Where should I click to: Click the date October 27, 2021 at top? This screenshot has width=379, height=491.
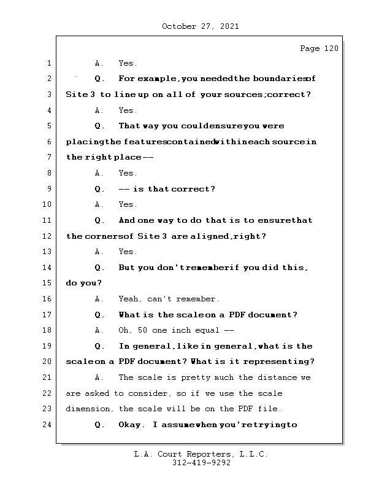(x=200, y=26)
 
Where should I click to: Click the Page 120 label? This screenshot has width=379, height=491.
(x=318, y=48)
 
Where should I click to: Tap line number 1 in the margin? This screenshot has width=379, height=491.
(x=48, y=63)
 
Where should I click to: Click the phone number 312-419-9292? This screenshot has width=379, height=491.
(x=201, y=463)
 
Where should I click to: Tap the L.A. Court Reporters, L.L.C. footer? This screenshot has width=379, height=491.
(x=201, y=454)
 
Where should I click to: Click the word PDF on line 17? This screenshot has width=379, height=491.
(x=238, y=315)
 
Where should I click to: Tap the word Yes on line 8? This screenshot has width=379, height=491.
(x=128, y=173)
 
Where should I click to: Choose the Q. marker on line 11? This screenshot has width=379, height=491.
(x=100, y=220)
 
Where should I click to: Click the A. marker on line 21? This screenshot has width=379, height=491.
(x=100, y=377)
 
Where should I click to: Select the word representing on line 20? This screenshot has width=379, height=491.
(x=283, y=361)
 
